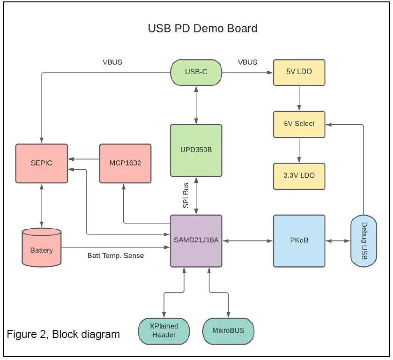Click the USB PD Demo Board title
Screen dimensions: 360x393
pos(202,28)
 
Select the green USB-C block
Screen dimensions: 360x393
pos(196,72)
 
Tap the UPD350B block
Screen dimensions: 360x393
pos(196,150)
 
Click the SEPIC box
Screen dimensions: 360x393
pos(41,163)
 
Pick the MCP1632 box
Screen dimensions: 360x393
pos(125,163)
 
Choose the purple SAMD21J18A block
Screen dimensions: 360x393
pos(196,241)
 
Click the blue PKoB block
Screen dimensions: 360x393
pos(299,241)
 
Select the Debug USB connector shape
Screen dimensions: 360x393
pos(363,241)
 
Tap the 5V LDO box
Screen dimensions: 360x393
pos(299,72)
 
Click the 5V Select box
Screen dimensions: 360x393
pos(299,124)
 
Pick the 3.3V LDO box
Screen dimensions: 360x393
pos(299,175)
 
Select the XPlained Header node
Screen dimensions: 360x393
pos(164,331)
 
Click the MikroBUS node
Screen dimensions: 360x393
pos(228,331)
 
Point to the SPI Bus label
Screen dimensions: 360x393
pos(185,195)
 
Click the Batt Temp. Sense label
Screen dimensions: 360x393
pos(116,255)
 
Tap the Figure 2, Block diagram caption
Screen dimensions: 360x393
pos(63,334)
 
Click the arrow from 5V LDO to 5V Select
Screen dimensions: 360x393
pos(299,98)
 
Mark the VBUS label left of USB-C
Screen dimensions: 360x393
pos(112,62)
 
